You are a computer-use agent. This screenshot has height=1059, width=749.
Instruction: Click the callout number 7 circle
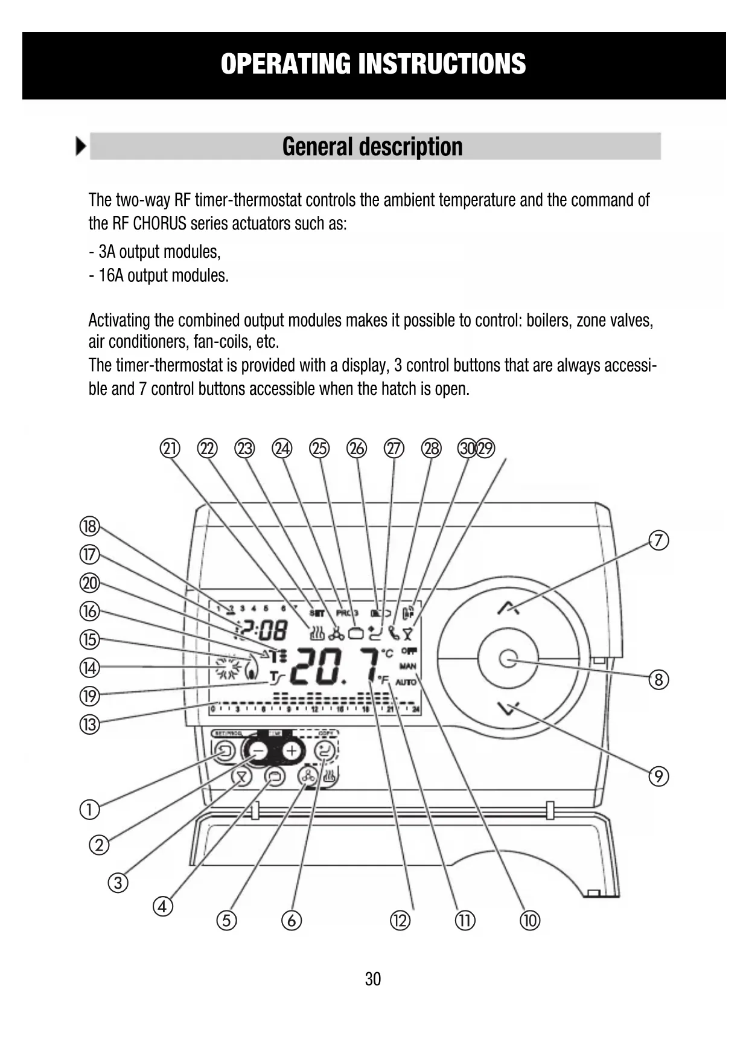click(658, 540)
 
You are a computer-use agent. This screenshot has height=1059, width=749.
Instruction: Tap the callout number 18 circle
click(89, 526)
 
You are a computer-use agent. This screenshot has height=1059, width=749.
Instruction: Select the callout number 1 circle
click(89, 809)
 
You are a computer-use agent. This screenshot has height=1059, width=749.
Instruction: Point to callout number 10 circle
click(530, 920)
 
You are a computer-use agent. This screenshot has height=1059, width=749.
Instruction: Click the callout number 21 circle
click(170, 449)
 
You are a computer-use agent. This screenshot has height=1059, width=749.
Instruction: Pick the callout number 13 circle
click(89, 724)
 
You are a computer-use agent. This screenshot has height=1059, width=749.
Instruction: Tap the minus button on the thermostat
click(258, 751)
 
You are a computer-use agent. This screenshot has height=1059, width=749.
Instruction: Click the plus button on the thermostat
click(292, 751)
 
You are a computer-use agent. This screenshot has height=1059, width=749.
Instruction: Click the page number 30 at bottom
click(373, 979)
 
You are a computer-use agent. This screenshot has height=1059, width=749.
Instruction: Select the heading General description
click(372, 147)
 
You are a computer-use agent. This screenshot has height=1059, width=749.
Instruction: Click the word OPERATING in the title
click(285, 64)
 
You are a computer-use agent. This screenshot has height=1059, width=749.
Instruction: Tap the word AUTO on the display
click(406, 682)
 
